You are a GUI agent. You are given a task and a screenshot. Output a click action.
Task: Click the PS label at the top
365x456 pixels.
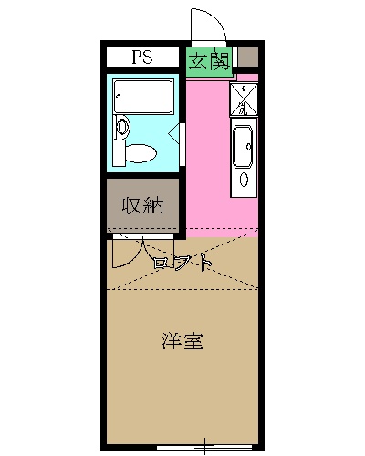pos(141,57)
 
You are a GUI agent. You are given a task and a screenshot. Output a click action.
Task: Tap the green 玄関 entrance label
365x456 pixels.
pos(209,61)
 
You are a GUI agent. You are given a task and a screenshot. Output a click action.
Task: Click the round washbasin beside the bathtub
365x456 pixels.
pos(122,127)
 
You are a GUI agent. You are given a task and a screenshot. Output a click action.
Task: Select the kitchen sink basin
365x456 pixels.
pos(244,146)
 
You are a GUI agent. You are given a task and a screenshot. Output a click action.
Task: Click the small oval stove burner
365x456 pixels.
pos(244,179)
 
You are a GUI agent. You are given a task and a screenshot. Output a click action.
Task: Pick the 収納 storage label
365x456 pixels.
pos(142,205)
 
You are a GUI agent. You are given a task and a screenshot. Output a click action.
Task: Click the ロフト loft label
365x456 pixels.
pos(183,263)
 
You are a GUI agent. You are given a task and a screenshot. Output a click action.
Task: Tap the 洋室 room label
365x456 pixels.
pos(182,342)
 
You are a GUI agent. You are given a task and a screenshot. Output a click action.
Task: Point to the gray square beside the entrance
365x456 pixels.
pos(247,58)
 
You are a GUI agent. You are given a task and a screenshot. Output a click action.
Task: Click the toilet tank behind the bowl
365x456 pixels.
pos(120,152)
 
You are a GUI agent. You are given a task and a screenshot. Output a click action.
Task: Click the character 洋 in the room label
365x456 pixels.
pos(172,342)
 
